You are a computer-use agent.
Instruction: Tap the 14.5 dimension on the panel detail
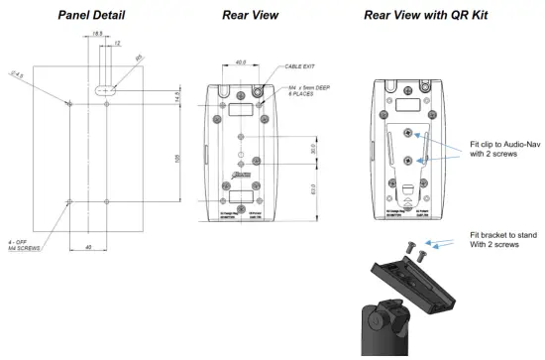(x=178, y=98)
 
